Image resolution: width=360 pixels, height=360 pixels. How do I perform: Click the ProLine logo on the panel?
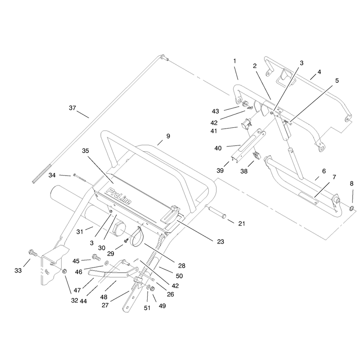[119, 196]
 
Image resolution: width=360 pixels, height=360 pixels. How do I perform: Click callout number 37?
[72, 108]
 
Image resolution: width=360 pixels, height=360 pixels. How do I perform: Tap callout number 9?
[168, 136]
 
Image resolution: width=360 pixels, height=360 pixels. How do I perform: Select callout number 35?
[85, 151]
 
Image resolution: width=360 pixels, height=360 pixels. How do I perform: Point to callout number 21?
[242, 223]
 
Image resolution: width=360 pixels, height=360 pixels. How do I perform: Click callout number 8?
[352, 184]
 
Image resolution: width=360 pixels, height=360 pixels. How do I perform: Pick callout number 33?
[18, 270]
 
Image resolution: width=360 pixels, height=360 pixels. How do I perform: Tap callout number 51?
[147, 308]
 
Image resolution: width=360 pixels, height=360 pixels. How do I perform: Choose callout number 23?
[220, 242]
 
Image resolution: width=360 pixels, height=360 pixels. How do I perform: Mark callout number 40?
[218, 148]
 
